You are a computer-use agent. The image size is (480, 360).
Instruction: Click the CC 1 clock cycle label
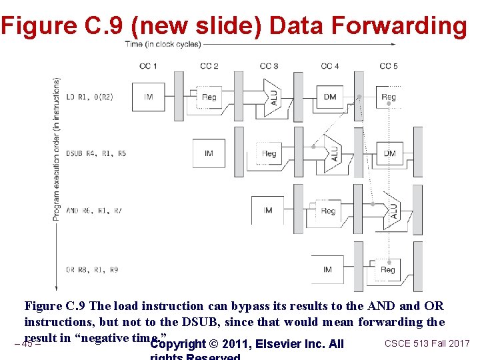(x=148, y=66)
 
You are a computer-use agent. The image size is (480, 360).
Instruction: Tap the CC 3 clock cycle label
(x=269, y=66)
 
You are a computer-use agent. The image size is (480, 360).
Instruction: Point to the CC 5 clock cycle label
(x=389, y=66)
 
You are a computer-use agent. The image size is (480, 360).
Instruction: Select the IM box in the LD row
(x=148, y=97)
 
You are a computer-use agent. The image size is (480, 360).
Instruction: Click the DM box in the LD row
(x=330, y=97)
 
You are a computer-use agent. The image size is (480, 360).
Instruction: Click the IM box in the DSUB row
(x=209, y=153)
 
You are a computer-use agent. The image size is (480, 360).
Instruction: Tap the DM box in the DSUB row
(x=390, y=153)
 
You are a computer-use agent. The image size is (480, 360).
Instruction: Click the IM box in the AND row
(x=268, y=211)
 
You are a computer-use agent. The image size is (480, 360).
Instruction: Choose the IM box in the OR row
(x=327, y=269)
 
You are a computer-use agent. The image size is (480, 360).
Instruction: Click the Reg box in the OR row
(x=388, y=269)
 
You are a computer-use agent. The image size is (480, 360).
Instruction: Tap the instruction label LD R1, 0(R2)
(x=89, y=97)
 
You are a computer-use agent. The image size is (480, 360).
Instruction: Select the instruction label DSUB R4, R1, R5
(x=96, y=154)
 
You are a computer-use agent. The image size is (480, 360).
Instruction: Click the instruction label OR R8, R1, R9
(x=92, y=270)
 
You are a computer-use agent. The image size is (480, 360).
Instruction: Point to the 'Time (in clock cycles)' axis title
(x=163, y=45)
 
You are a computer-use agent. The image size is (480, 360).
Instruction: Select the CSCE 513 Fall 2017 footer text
(x=427, y=343)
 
